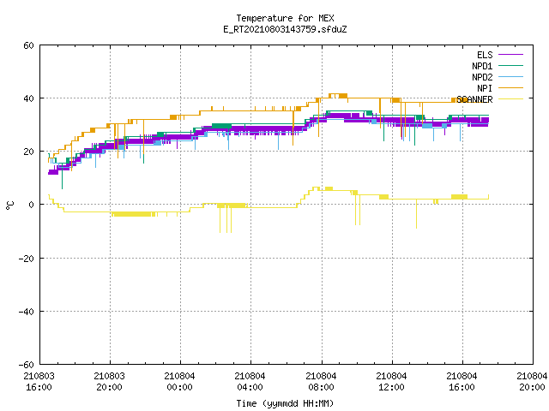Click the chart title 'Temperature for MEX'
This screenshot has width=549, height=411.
point(285,18)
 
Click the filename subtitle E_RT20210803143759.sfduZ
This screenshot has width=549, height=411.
point(285,29)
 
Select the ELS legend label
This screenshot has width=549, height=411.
point(485,55)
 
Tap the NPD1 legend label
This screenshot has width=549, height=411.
point(482,66)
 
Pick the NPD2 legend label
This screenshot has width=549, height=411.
point(482,77)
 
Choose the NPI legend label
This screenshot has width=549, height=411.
point(485,88)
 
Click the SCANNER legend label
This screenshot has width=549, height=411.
point(474,99)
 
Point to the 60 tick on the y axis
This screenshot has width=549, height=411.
point(28,45)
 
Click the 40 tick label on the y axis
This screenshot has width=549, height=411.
point(28,98)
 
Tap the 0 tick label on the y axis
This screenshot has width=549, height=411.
point(31,205)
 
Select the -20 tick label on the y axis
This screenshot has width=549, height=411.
point(27,259)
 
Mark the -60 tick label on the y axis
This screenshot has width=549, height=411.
point(27,365)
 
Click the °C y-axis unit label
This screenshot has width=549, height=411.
point(9,205)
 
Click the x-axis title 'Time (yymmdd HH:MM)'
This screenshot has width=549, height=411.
point(285,403)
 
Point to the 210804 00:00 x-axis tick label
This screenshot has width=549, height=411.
point(179,382)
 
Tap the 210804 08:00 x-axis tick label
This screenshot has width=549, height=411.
point(321,382)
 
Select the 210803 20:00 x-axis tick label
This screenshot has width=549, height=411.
point(109,382)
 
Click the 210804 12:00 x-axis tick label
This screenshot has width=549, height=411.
point(391,382)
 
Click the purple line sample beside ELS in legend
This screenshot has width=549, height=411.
point(510,55)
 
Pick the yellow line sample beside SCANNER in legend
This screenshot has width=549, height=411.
point(510,99)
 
